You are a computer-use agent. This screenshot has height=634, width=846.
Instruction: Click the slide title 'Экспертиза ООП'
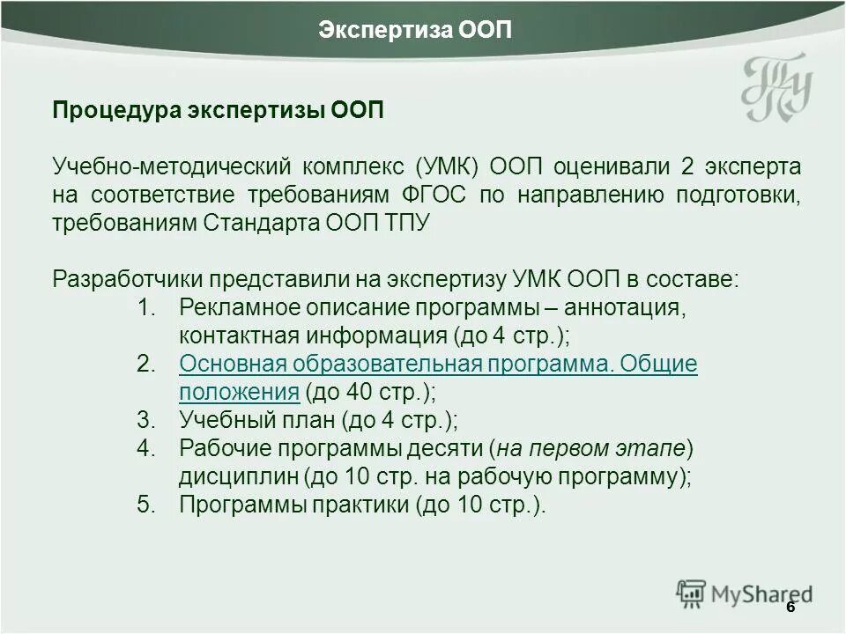click(x=415, y=30)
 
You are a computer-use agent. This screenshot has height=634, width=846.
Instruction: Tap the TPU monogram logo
click(x=775, y=89)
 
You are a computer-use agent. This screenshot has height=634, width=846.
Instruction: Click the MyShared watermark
click(x=745, y=595)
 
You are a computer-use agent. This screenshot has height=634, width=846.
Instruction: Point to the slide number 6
click(x=790, y=608)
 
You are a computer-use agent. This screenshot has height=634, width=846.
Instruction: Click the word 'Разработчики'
click(x=129, y=279)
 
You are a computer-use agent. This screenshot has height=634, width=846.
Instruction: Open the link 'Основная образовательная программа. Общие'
click(x=438, y=364)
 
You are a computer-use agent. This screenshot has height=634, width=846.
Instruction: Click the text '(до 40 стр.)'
click(x=370, y=391)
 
